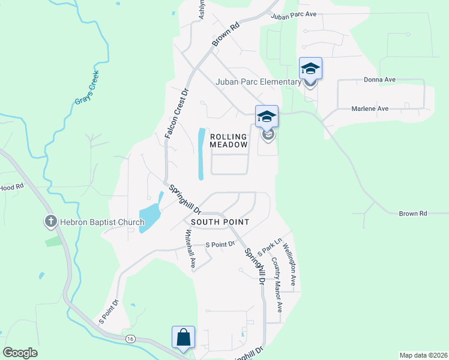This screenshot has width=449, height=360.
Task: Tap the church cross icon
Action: [50, 222]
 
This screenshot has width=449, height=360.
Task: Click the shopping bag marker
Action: [183, 337]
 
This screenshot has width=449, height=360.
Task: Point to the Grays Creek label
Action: [86, 88]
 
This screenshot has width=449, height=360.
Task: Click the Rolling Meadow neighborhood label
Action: [229, 140]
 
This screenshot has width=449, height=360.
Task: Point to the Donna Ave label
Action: [379, 79]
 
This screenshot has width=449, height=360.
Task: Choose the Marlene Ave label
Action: [370, 109]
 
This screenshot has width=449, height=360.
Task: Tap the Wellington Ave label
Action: [289, 263]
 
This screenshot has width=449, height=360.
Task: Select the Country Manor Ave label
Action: [277, 286]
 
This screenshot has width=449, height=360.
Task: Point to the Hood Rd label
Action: [11, 187]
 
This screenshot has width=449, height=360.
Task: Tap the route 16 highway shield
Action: [130, 339]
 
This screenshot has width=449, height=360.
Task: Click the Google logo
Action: [20, 352]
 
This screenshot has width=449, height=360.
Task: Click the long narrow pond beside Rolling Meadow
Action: [200, 154]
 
